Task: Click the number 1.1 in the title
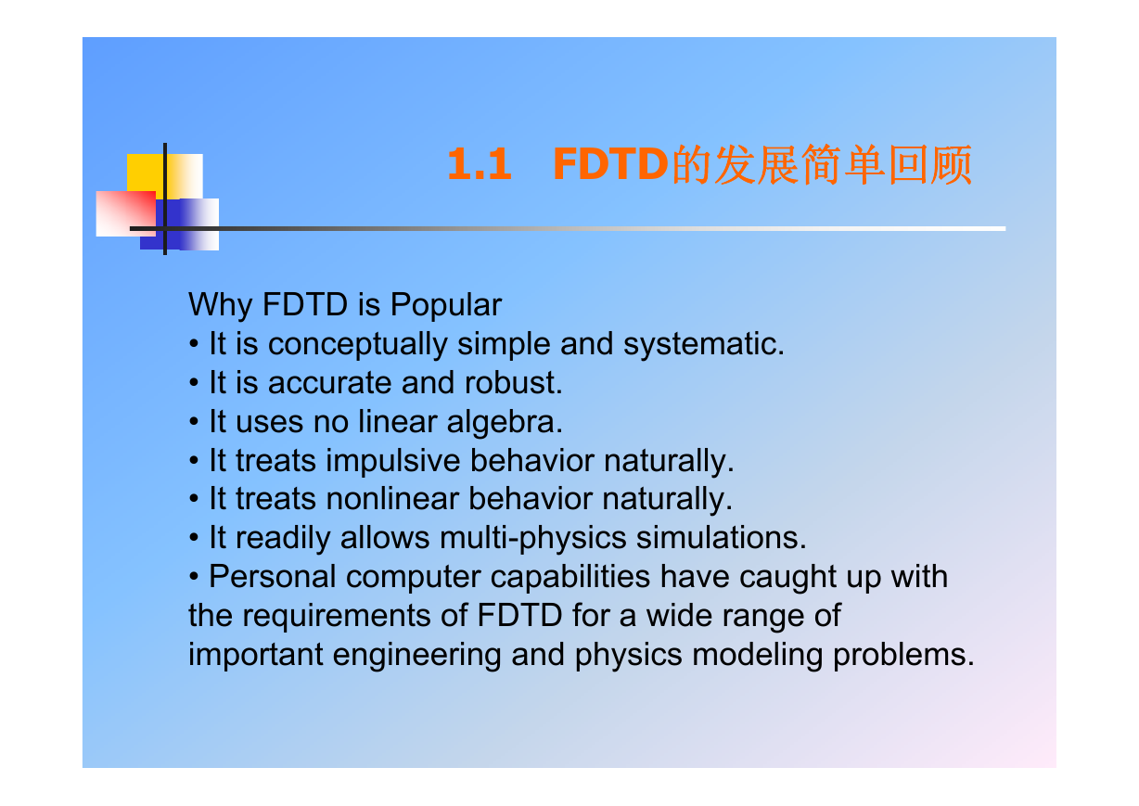pos(479,164)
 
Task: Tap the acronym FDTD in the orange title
pos(610,164)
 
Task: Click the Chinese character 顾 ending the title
pos(952,164)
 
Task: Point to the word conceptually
pos(357,345)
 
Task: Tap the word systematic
pos(704,345)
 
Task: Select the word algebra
pos(505,422)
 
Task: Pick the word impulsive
pos(393,461)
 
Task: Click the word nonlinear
pos(392,499)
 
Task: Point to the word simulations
pos(721,538)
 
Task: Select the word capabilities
pos(570,578)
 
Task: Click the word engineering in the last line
pos(417,655)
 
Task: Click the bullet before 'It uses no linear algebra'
pos(194,423)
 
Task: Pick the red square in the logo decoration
pos(126,213)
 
